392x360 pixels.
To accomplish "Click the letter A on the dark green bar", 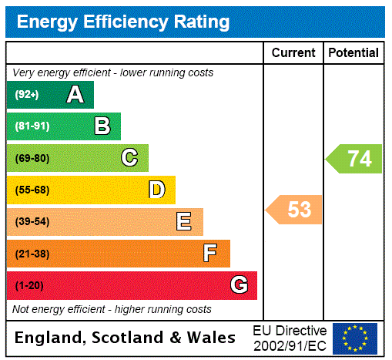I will coord(75,95).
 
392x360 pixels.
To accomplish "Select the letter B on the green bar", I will coord(102,126).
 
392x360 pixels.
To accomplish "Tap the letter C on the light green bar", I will coord(129,158).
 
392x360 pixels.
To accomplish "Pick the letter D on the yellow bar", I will coord(156,190).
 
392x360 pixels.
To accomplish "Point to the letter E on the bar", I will coord(184,222).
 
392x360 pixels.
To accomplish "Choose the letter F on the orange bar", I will coord(210,254).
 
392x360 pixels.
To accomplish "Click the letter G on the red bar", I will coord(239,285).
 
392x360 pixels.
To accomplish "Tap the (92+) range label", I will coord(26,95).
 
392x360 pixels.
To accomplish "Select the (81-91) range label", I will coord(32,126).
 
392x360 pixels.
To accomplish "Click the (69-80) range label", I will coord(32,158).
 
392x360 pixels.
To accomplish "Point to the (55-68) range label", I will coord(32,190).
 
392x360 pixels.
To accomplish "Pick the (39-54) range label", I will coord(32,222).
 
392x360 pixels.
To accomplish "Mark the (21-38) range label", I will coord(32,254).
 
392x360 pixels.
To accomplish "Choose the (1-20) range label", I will coord(29,285).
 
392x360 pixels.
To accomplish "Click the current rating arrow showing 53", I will coord(295,209).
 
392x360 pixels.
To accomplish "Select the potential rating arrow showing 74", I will coord(355,159).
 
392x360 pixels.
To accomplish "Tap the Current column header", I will coord(293,53).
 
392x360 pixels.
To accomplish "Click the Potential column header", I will coord(353,53).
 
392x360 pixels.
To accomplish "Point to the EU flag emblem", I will coord(355,338).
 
